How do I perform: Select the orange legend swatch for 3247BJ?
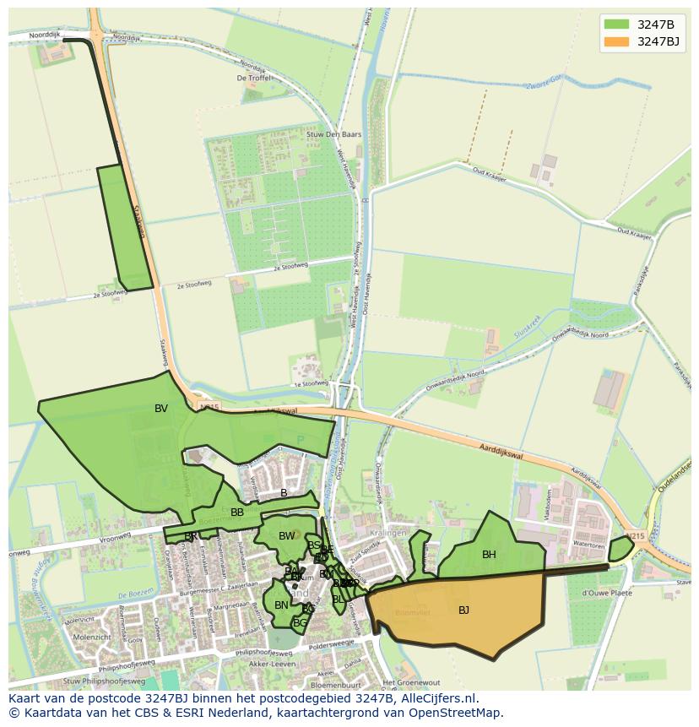click(616, 41)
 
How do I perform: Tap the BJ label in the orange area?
click(463, 610)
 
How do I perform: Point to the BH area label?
click(489, 555)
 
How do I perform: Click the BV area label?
click(161, 409)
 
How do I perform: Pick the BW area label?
click(287, 536)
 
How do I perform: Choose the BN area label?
click(281, 605)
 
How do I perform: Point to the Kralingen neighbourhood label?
click(388, 534)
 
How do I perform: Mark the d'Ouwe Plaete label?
click(606, 592)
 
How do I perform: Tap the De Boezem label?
click(137, 594)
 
